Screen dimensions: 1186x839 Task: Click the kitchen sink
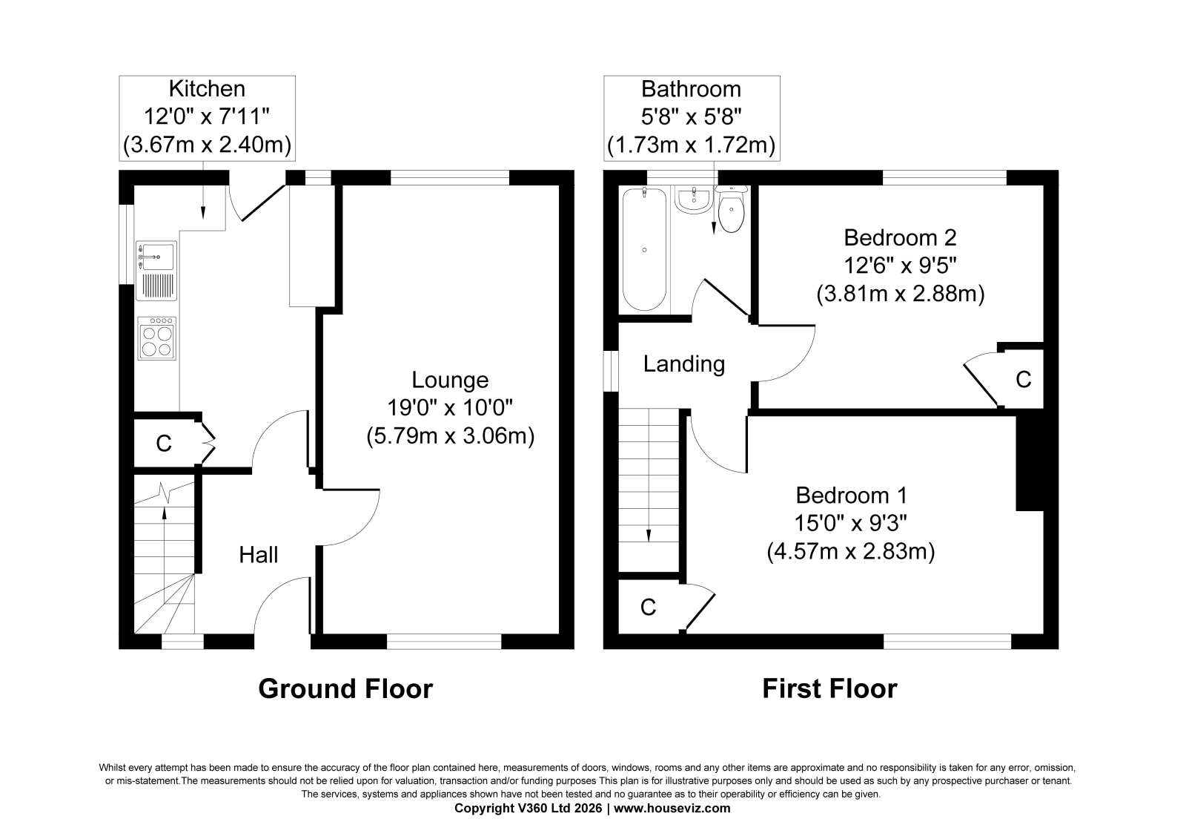point(156,271)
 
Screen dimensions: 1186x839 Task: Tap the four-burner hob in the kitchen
point(156,338)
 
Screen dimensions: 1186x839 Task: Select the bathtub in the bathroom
point(644,249)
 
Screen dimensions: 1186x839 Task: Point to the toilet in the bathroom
point(731,208)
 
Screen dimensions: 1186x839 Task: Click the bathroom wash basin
point(694,200)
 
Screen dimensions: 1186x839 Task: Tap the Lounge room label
point(450,380)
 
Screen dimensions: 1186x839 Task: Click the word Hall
point(259,555)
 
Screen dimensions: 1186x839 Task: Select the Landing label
point(684,364)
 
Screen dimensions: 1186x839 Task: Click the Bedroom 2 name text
point(900,237)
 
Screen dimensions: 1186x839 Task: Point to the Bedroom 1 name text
point(852,496)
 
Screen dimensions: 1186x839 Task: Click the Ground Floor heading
point(345,689)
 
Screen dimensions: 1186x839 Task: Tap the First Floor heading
point(829,689)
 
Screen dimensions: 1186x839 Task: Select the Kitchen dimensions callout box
point(207,118)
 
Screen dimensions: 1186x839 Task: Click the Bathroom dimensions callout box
point(692,118)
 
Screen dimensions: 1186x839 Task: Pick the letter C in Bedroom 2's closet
point(1024,380)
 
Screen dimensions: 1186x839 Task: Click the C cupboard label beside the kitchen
point(164,443)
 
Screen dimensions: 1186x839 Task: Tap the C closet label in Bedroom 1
point(648,607)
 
